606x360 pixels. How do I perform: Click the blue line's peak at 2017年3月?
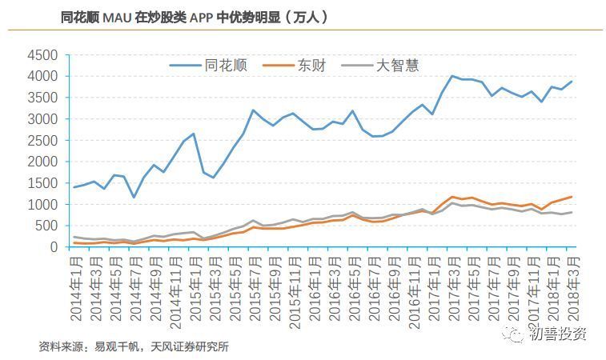click(x=452, y=76)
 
